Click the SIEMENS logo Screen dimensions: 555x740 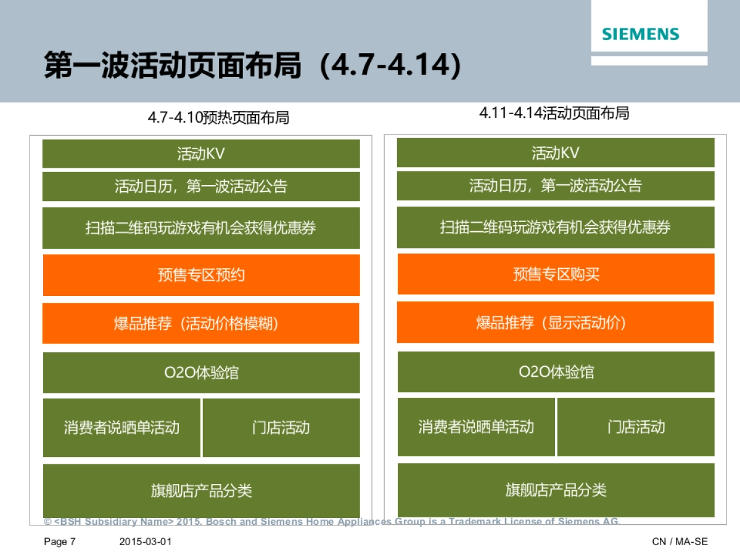tap(641, 34)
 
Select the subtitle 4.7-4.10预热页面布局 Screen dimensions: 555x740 tap(218, 118)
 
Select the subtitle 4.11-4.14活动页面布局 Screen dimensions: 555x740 tap(554, 113)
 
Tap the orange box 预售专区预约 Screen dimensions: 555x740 tap(201, 275)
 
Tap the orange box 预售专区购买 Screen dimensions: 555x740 tap(556, 274)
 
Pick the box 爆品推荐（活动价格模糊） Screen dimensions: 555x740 tap(200, 323)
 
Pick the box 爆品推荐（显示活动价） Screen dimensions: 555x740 tap(555, 323)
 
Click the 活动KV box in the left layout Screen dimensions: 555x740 tap(201, 154)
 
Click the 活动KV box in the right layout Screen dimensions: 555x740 tap(556, 153)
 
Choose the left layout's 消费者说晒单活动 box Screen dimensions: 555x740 tap(121, 427)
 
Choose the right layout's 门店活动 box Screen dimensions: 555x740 tap(636, 427)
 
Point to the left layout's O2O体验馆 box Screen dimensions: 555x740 tap(201, 372)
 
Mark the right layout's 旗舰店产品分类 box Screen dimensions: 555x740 tap(556, 490)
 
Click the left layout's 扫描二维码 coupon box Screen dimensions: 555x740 tap(201, 228)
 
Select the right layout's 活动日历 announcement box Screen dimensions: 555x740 tap(556, 186)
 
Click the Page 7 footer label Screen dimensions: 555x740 tap(60, 541)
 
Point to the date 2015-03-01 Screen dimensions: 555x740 tap(146, 541)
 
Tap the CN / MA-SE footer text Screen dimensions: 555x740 tap(680, 541)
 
